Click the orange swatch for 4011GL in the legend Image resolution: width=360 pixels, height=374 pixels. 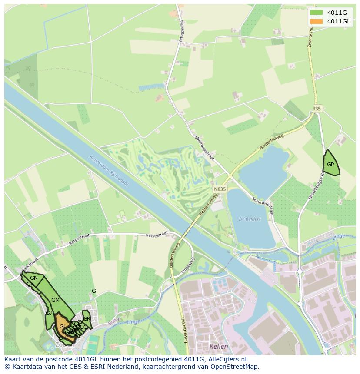pos(317,21)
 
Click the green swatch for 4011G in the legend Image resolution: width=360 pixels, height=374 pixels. pos(317,13)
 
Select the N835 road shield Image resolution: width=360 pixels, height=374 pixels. pos(220,189)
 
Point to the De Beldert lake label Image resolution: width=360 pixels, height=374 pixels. pos(250,219)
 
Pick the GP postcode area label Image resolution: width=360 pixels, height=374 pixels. pos(330,165)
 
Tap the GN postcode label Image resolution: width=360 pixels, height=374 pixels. pos(34,278)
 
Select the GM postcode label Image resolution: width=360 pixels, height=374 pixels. pos(55,300)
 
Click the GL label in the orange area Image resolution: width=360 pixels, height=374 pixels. pos(63,327)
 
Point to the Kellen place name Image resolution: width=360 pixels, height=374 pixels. pos(219,346)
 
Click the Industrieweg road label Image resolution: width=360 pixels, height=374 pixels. pos(183,330)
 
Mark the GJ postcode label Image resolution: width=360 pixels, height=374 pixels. pos(49,313)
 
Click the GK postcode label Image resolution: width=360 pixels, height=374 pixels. pos(30,284)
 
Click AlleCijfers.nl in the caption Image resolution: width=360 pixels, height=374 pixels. pos(226,359)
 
